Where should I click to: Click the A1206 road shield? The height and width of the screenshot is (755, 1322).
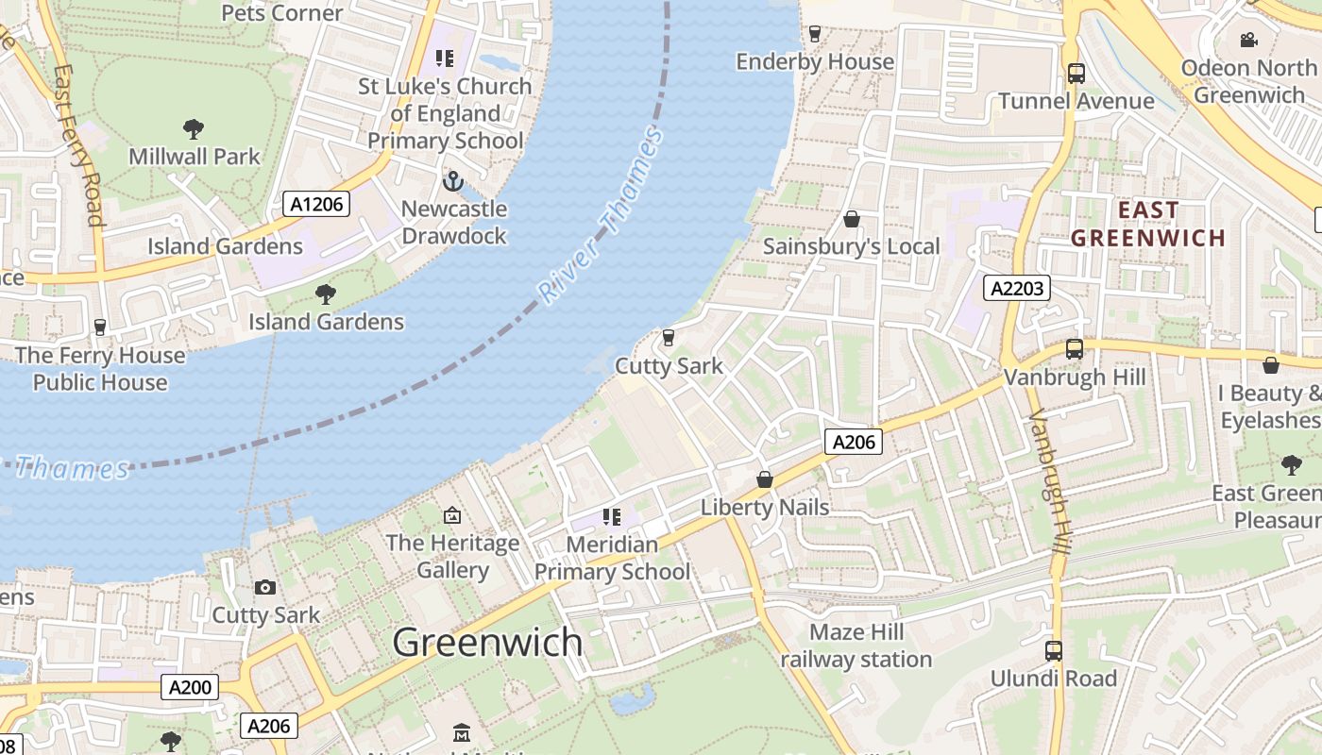point(316,203)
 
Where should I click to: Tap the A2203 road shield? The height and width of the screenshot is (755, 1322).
point(1017,288)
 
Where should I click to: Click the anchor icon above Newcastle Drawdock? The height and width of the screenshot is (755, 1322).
point(453,180)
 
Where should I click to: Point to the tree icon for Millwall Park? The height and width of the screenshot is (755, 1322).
point(194,127)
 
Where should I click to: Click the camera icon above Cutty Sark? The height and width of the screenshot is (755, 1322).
point(265,587)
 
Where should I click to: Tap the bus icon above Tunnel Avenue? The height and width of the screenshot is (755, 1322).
point(1076,73)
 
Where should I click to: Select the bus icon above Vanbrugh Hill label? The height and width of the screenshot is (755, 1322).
point(1075,348)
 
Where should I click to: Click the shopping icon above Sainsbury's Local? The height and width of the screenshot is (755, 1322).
point(852,219)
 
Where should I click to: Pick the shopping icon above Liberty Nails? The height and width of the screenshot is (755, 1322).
point(765,479)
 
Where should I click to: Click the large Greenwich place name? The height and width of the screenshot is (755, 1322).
point(487,642)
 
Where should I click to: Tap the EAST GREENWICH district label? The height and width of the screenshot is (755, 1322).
point(1147,224)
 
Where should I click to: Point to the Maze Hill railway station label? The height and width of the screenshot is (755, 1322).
point(856,646)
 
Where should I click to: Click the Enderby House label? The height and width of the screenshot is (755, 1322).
point(815,61)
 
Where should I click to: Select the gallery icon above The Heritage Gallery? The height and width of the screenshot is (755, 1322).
point(452,515)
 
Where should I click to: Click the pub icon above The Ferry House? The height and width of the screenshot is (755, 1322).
point(100,327)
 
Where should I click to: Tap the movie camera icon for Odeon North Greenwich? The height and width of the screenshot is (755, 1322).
point(1248,40)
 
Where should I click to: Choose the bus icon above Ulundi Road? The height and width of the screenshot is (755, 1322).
point(1053,650)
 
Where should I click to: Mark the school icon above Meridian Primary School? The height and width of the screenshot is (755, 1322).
point(612,516)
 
